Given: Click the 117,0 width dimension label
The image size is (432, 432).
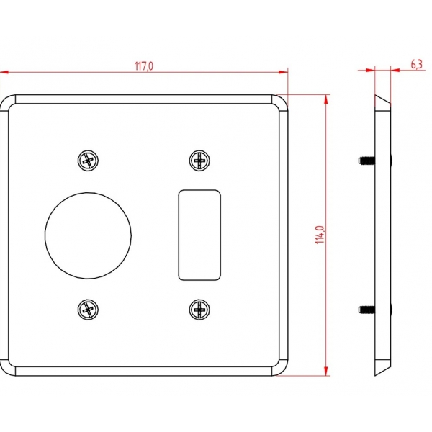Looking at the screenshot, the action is click(x=143, y=66).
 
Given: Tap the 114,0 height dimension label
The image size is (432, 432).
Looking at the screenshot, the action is click(x=320, y=235).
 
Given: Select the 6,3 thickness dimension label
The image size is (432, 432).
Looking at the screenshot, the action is click(x=417, y=65).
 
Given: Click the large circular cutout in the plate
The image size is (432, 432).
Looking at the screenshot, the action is click(x=88, y=236).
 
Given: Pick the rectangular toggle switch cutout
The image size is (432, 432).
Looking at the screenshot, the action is click(x=199, y=235).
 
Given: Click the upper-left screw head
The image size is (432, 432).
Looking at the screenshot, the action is click(x=88, y=161).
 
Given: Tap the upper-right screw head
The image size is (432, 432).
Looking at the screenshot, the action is click(x=199, y=161).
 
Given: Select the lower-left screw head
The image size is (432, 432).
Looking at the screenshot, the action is click(x=88, y=310).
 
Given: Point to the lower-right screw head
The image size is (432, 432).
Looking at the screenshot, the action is click(x=199, y=310).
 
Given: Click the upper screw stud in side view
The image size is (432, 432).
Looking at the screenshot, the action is click(x=366, y=161).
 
